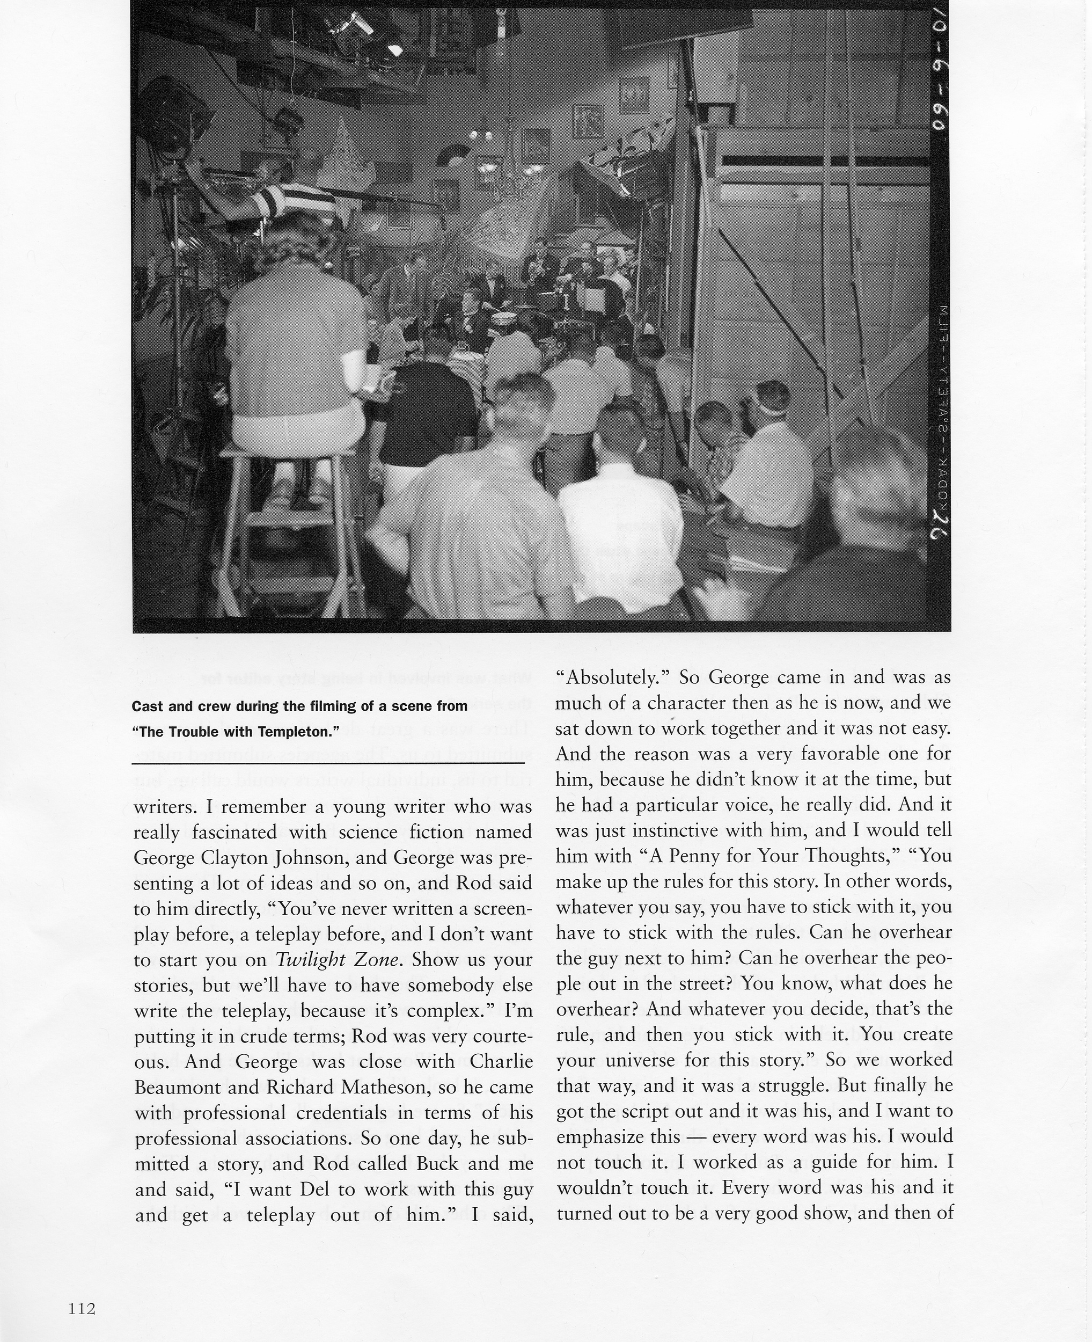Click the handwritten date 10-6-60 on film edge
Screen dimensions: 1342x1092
940,76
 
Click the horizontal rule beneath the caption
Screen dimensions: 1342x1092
328,763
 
